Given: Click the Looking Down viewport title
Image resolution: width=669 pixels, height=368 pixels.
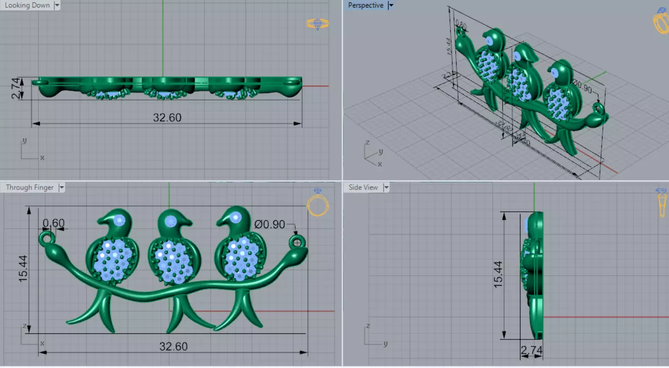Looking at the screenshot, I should coord(27,6).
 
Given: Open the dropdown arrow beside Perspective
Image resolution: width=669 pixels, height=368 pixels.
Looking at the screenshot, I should coord(391,6).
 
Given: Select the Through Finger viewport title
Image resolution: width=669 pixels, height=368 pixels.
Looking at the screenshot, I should coord(30,188).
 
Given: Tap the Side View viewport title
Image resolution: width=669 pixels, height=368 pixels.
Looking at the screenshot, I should coord(363,188).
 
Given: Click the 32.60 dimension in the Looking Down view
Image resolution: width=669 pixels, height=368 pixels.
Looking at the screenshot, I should coord(167,117).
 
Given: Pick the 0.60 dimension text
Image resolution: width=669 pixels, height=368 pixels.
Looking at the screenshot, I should coord(53,223).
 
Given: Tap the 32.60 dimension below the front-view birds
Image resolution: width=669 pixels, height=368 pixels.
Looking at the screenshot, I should coord(173,346).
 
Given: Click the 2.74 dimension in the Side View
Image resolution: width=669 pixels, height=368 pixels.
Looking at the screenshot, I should coord(531,349).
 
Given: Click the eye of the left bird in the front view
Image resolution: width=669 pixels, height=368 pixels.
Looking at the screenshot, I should coord(120,220).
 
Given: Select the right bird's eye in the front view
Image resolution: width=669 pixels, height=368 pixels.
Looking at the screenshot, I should coord(236,217).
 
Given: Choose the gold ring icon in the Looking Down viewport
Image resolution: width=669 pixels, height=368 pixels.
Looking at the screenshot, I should coord(317,24).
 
